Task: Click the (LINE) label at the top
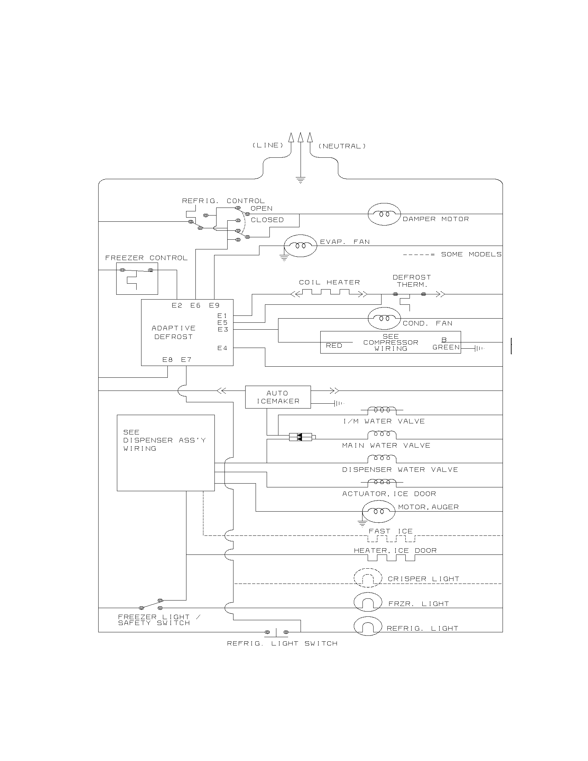(267, 145)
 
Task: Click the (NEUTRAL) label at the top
(342, 146)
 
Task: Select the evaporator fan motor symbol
(300, 246)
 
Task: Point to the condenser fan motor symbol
(384, 318)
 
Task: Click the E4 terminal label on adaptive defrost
(222, 348)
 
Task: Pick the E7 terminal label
(186, 360)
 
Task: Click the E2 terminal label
(177, 305)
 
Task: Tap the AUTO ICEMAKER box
(278, 397)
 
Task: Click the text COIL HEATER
(329, 282)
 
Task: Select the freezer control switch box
(137, 279)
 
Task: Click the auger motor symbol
(379, 512)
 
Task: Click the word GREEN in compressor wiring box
(446, 347)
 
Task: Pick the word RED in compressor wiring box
(334, 346)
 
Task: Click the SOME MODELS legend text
(471, 254)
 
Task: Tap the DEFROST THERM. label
(412, 281)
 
